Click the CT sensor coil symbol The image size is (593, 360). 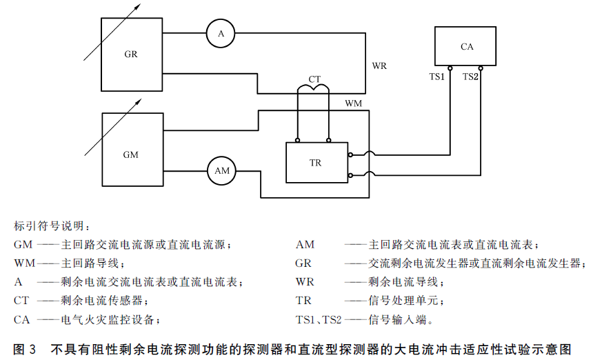[313, 88]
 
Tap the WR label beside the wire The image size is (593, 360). [379, 66]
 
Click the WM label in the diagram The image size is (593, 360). [353, 103]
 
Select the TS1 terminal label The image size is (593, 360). [436, 77]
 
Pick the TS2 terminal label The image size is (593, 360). [470, 77]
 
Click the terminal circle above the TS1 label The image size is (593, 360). [450, 68]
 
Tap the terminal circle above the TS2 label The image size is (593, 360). [481, 68]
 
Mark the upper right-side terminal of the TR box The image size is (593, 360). [350, 154]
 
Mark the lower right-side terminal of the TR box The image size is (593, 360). [350, 175]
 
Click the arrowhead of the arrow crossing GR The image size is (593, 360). [138, 6]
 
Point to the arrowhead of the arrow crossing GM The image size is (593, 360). [139, 101]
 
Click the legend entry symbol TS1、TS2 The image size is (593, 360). [319, 320]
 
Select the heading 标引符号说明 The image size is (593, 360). [52, 226]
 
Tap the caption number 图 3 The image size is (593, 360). [25, 349]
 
